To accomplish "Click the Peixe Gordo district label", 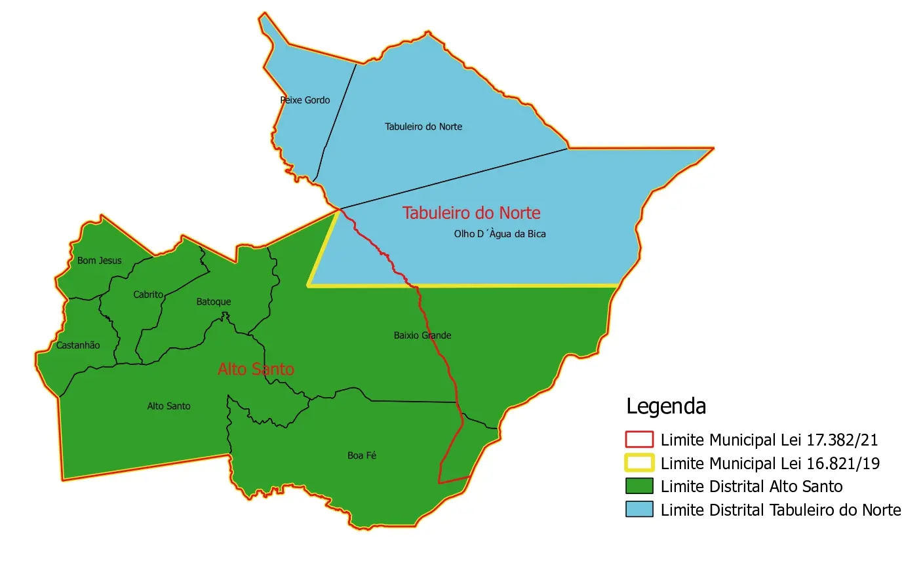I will point(305,100).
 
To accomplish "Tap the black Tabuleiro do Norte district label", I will point(423,126).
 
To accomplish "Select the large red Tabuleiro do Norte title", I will point(471,213).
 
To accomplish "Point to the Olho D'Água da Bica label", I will point(500,234).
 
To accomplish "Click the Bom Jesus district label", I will point(100,261).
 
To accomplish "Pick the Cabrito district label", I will point(148,295).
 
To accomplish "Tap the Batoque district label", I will point(214,302).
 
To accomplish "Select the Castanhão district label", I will point(78,345).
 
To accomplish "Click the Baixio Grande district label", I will point(422,335).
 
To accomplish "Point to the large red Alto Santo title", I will point(256,370).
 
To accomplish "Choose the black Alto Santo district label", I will point(168,406).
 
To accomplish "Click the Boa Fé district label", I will point(362,455).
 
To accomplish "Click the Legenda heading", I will point(666,406).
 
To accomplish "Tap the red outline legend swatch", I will point(639,440).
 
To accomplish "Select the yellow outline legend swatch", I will point(639,463).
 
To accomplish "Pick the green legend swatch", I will point(639,486).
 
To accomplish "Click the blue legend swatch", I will point(639,510).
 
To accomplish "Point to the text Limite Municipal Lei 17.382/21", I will point(769,440).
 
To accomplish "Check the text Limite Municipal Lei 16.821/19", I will point(770,464).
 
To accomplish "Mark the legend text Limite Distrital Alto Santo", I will point(751,487).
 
